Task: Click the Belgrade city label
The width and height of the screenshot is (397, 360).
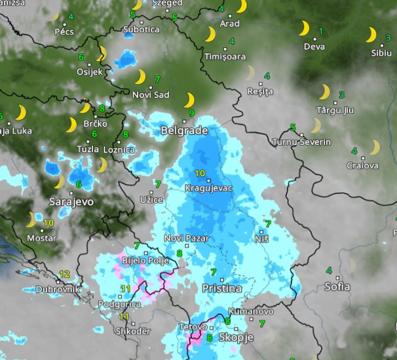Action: point(184,130)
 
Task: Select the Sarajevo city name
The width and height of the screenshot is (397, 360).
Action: point(71,202)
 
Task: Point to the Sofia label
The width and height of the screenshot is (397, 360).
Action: point(337,286)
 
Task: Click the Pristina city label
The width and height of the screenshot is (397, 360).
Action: point(222,288)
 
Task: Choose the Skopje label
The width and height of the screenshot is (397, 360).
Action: point(236,337)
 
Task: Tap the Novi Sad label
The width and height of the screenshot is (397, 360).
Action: point(151,95)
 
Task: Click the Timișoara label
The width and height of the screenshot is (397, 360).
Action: point(225,57)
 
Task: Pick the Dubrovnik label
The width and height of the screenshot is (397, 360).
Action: point(58,289)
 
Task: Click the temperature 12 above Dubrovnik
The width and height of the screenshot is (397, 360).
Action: point(64,274)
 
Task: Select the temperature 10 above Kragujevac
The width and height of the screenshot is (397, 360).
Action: point(200,173)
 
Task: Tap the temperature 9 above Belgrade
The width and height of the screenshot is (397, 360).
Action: point(191,113)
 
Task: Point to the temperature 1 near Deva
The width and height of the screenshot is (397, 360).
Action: point(320,31)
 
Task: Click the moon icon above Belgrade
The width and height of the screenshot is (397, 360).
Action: point(189,100)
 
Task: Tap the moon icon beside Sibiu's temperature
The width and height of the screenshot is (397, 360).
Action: point(371,35)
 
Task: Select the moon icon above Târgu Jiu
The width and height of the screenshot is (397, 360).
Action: point(324,92)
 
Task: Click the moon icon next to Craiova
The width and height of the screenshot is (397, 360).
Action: point(374,148)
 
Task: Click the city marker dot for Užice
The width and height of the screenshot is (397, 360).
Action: point(151,192)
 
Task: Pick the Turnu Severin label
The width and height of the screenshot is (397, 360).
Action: point(302,142)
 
